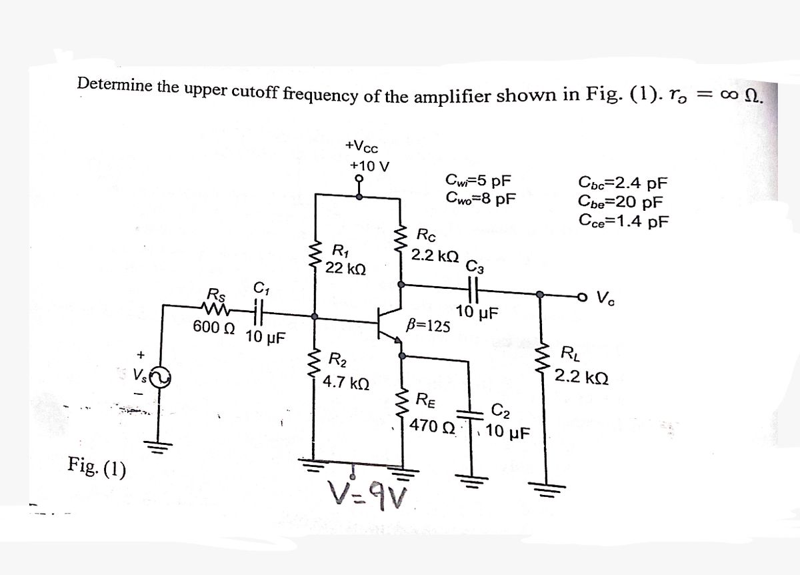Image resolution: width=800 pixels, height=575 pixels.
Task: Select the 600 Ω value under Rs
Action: (x=213, y=328)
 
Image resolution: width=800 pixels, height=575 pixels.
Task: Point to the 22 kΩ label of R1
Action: (x=345, y=269)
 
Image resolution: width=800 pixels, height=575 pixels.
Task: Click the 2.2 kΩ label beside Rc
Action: (x=435, y=255)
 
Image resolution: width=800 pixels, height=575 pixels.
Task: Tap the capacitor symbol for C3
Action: (x=476, y=292)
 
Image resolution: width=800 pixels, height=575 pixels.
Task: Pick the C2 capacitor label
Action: (x=502, y=410)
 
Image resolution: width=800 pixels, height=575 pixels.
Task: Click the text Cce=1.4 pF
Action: (x=623, y=220)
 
